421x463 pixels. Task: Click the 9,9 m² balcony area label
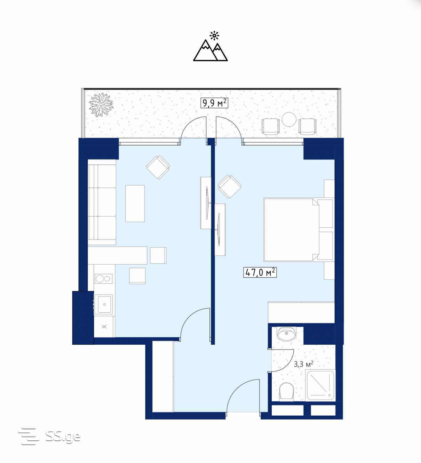[x=214, y=103]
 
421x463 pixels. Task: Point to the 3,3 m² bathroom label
[x=303, y=364]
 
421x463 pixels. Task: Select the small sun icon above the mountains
[x=214, y=35]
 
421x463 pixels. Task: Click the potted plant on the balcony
[x=101, y=104]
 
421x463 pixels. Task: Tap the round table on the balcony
[x=289, y=119]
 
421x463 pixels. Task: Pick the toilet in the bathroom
[x=286, y=392]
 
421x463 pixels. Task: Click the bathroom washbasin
[x=287, y=333]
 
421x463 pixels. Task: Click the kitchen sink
[x=104, y=305]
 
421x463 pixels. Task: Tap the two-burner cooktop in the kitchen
[x=104, y=278]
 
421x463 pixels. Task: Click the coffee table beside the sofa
[x=135, y=203]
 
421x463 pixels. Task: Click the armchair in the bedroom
[x=230, y=187]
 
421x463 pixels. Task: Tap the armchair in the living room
[x=158, y=167]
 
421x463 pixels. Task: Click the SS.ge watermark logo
[x=49, y=436]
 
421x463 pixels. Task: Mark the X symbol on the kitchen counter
[x=104, y=326]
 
